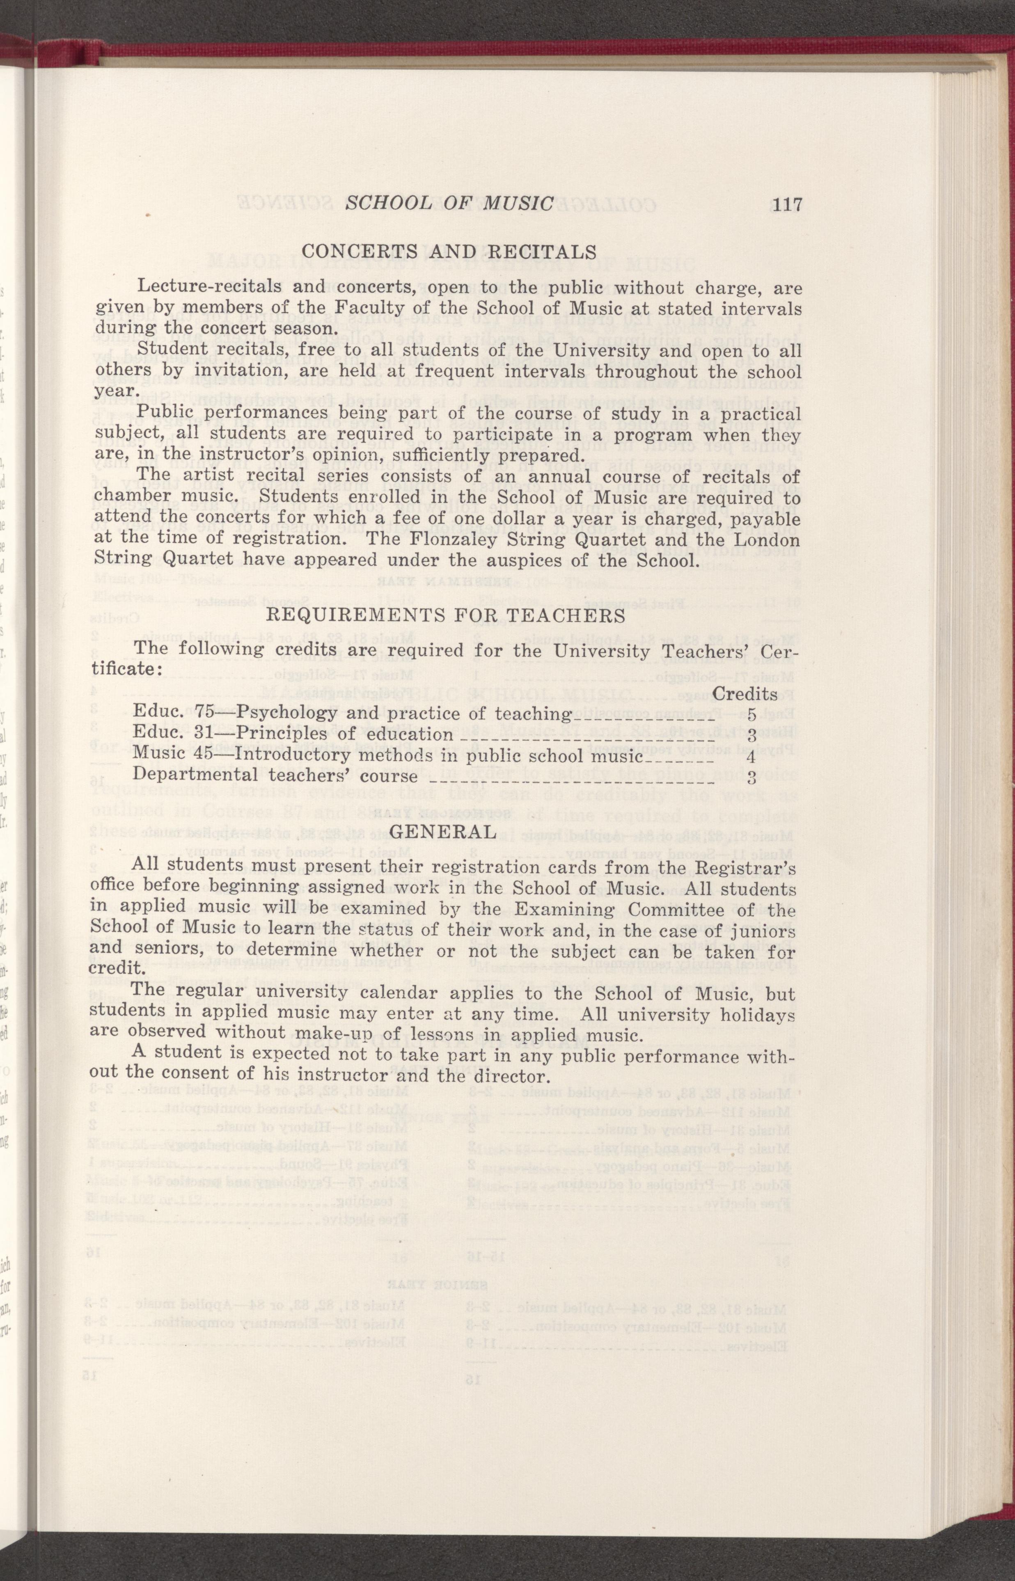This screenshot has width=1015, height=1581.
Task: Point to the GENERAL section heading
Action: point(443,831)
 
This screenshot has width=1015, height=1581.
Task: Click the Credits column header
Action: point(745,694)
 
